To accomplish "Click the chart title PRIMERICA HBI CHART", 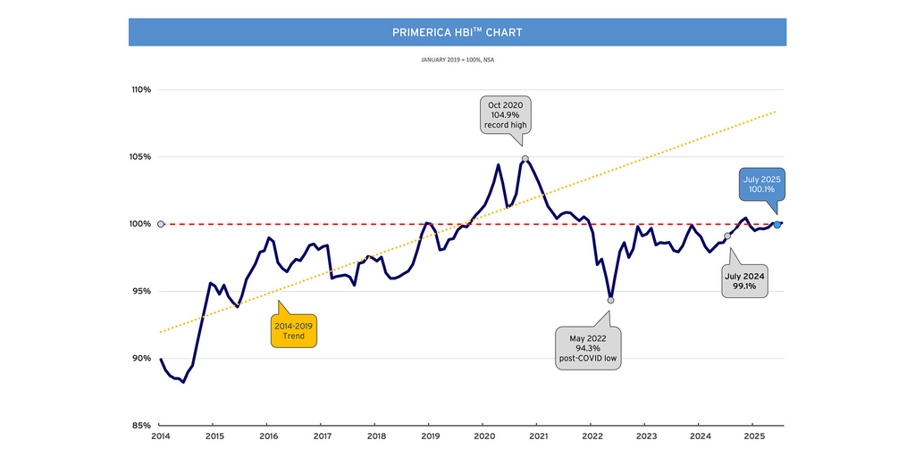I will click(457, 32).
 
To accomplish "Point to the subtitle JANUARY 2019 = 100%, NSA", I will click(457, 61).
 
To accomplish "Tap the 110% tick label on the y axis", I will click(141, 90).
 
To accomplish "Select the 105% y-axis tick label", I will click(141, 157).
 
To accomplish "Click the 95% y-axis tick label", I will click(142, 291).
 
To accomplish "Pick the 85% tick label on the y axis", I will click(142, 426).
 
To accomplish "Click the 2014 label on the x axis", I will click(161, 437).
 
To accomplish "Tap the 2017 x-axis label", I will click(323, 437).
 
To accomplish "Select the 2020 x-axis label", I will click(484, 437).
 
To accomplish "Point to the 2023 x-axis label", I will click(646, 437).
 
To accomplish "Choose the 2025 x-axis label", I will click(754, 437).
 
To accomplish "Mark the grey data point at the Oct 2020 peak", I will click(525, 159).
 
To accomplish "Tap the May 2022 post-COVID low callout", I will click(587, 348).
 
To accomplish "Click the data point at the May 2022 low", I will click(610, 300).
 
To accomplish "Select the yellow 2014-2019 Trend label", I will click(294, 330).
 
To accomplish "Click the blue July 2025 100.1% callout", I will click(761, 185).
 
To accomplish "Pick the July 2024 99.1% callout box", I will click(744, 281).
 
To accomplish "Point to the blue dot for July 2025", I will click(777, 224).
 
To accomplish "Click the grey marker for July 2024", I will click(726, 237).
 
